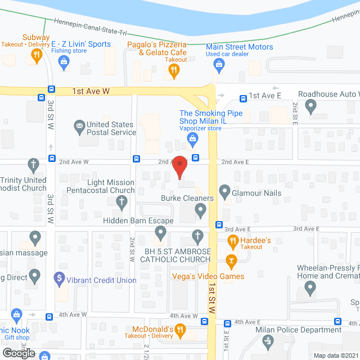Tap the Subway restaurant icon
(37, 55)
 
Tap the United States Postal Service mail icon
(79, 125)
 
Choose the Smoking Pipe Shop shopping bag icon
(193, 138)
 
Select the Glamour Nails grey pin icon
(225, 191)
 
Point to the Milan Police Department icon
(268, 341)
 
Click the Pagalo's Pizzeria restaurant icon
(175, 70)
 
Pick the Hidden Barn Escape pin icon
(161, 232)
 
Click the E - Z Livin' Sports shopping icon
(64, 61)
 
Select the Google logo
(18, 353)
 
